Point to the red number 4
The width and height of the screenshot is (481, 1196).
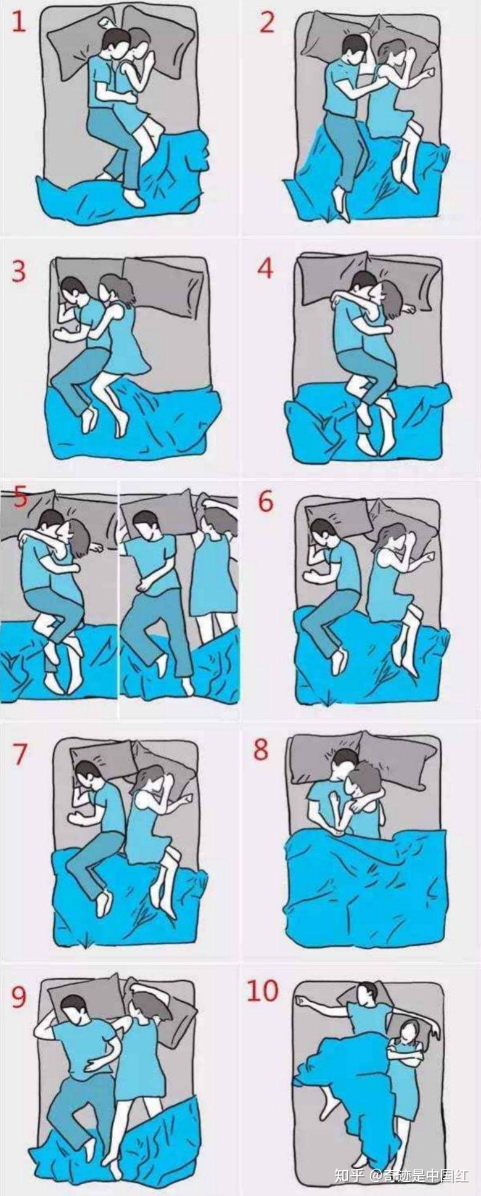[x=266, y=268]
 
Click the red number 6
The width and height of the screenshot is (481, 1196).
[x=265, y=502]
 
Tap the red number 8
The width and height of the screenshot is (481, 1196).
[x=261, y=749]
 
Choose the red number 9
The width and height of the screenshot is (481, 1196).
[x=19, y=997]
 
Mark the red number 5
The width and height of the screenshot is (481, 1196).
[x=20, y=497]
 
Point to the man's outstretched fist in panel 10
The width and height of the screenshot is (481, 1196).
[x=300, y=999]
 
